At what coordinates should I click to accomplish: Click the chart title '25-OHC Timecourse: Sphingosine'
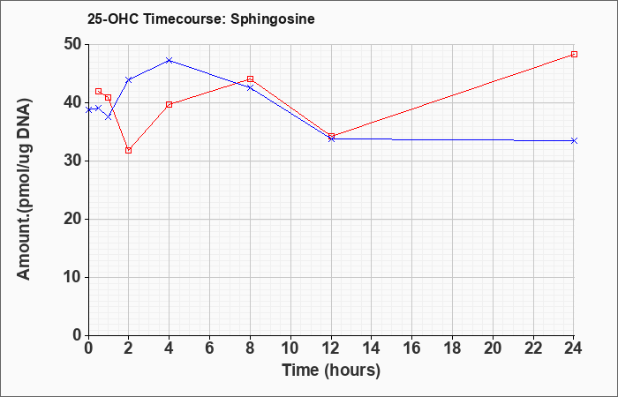click(x=201, y=19)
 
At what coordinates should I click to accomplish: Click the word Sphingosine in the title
click(x=273, y=19)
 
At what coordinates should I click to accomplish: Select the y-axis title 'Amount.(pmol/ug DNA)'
click(x=24, y=190)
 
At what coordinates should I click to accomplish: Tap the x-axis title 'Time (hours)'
click(x=331, y=371)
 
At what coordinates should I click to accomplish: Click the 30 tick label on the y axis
click(x=72, y=161)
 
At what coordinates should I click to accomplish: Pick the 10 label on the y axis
click(x=72, y=277)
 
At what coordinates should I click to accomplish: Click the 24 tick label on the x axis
click(x=574, y=348)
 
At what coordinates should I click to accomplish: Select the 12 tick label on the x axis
click(x=331, y=348)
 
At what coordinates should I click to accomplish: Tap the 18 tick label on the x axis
click(x=452, y=348)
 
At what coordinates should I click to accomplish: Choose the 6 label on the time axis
click(x=210, y=348)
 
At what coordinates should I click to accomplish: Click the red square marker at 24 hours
click(x=574, y=55)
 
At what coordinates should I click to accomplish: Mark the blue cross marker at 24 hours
click(x=574, y=140)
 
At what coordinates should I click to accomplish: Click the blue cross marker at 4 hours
click(x=170, y=60)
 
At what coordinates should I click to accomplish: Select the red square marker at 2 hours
click(x=129, y=151)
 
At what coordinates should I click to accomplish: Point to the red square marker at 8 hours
click(x=250, y=79)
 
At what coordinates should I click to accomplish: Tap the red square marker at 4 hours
click(x=170, y=105)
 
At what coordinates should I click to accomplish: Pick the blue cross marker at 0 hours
click(x=88, y=110)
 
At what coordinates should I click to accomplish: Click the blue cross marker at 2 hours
click(x=129, y=80)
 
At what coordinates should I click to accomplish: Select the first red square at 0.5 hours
click(x=99, y=92)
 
